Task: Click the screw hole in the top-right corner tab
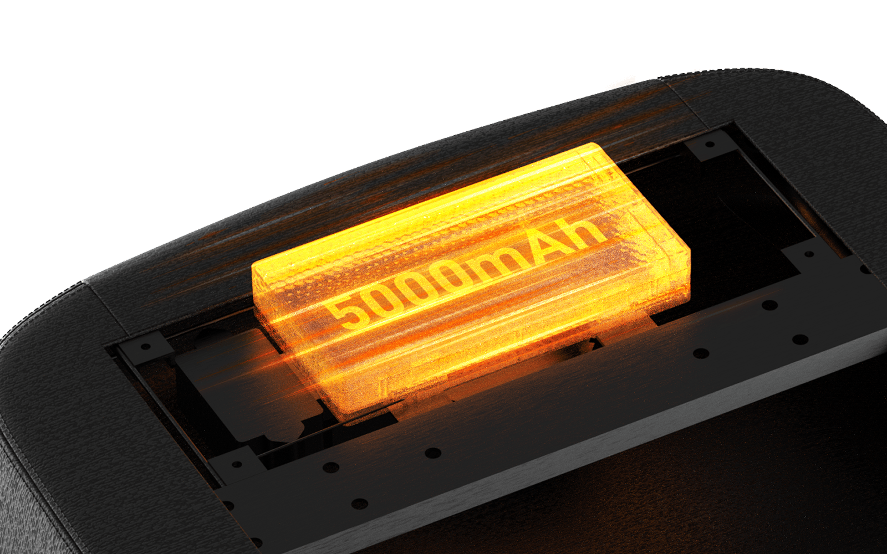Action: [710, 144]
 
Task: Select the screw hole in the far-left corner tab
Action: [146, 347]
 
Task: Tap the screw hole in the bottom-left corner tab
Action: [237, 464]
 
